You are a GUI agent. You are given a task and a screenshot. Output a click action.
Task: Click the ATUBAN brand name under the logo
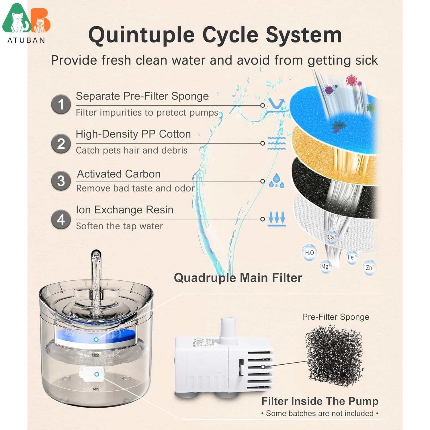(26, 40)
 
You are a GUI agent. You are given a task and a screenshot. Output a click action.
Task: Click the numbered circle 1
(61, 104)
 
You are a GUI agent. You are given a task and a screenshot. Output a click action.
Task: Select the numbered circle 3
(61, 181)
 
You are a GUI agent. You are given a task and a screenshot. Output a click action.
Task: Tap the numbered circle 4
(61, 220)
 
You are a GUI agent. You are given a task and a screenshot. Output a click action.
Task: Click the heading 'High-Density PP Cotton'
(133, 134)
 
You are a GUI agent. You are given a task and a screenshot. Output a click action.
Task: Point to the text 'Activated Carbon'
(119, 174)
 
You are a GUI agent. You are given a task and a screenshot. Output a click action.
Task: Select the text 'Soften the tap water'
(119, 226)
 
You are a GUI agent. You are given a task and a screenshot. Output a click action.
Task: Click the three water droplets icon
(276, 181)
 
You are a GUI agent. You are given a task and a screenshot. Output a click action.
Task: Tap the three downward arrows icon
(277, 219)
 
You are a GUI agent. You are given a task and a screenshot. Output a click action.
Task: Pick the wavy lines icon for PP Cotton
(276, 143)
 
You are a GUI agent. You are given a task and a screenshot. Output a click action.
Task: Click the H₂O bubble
(310, 253)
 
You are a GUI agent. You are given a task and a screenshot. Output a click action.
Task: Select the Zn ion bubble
(369, 268)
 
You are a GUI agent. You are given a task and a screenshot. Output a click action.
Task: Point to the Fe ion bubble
(351, 257)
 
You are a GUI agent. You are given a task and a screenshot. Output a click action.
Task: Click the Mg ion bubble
(326, 267)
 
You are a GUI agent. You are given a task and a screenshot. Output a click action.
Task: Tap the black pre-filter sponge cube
(334, 355)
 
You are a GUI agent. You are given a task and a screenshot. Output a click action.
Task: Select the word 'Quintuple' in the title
(142, 35)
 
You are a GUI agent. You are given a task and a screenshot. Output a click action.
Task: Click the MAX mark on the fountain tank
(96, 355)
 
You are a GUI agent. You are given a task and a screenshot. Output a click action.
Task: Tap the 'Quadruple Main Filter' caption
(238, 278)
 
